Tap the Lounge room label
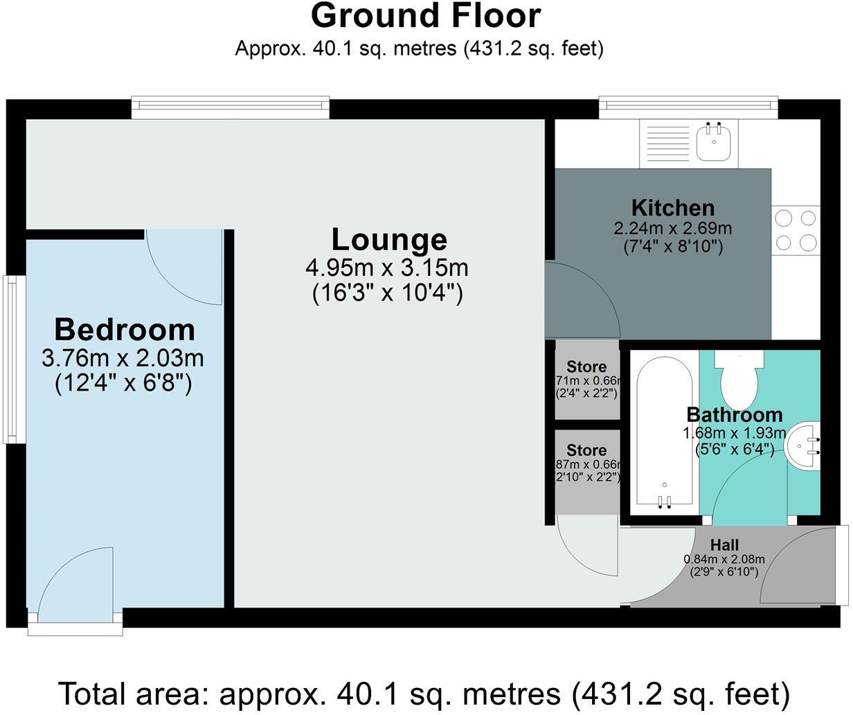click(x=389, y=240)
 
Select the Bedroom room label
click(x=125, y=330)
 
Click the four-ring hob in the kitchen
click(x=796, y=231)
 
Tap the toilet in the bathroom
click(x=740, y=378)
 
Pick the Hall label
click(x=724, y=545)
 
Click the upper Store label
click(x=586, y=367)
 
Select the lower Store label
click(x=586, y=450)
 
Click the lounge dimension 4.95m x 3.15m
click(x=387, y=267)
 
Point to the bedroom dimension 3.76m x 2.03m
click(x=123, y=359)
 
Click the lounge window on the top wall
click(x=231, y=105)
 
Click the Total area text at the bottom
click(x=424, y=693)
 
